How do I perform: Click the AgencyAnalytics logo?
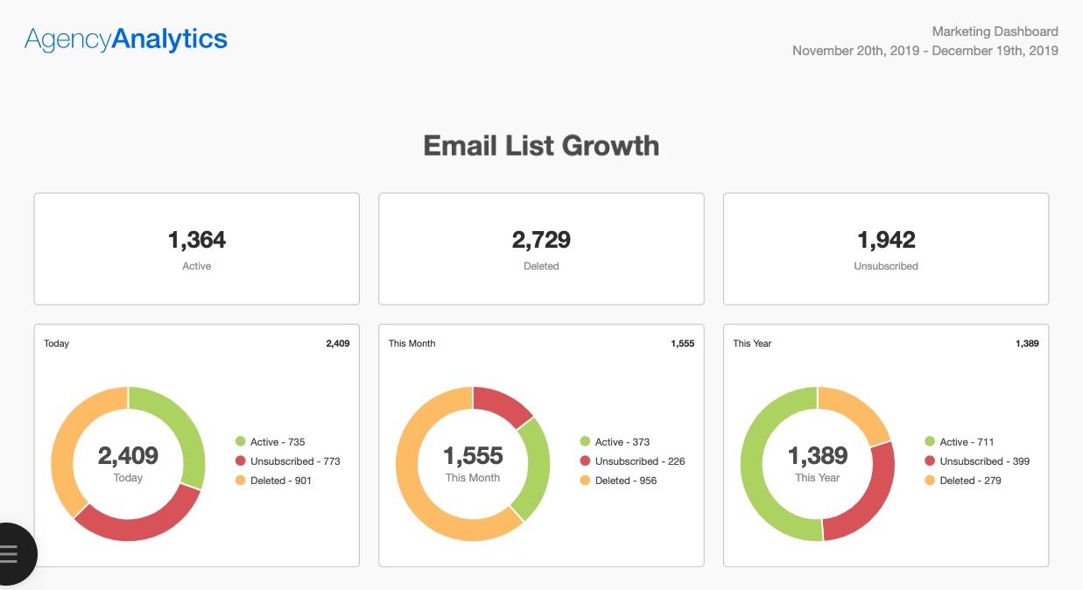[x=126, y=39]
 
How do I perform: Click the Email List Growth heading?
[x=541, y=145]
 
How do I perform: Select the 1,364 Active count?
[x=196, y=240]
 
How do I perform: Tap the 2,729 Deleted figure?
[x=541, y=240]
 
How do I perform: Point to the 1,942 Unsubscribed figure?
[x=886, y=240]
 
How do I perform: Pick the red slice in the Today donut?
[x=140, y=522]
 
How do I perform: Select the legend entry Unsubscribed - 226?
[x=639, y=461]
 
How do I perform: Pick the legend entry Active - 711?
[x=966, y=442]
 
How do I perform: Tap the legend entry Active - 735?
[x=277, y=442]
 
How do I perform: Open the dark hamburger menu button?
[x=11, y=553]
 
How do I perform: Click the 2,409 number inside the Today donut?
[x=128, y=456]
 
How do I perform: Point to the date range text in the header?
[x=925, y=51]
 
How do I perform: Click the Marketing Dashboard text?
[x=995, y=32]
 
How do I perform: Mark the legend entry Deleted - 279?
[x=969, y=481]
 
